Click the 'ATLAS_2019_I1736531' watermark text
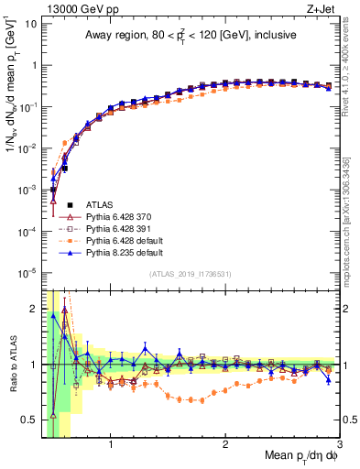pos(189,274)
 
